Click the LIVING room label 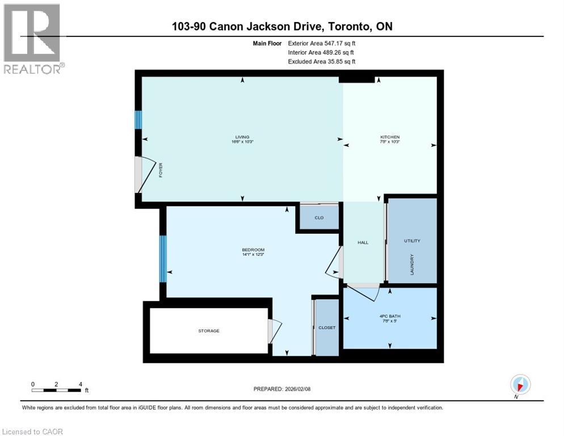[243, 137]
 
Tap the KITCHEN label [390, 137]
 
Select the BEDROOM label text [253, 250]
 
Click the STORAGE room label [209, 330]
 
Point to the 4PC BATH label [390, 316]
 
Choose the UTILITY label [412, 241]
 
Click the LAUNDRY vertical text [413, 265]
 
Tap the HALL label [363, 242]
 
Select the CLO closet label [319, 217]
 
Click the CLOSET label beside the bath [327, 328]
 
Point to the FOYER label [161, 170]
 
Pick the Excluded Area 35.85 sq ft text [322, 61]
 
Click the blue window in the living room [137, 120]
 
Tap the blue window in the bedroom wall [163, 259]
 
